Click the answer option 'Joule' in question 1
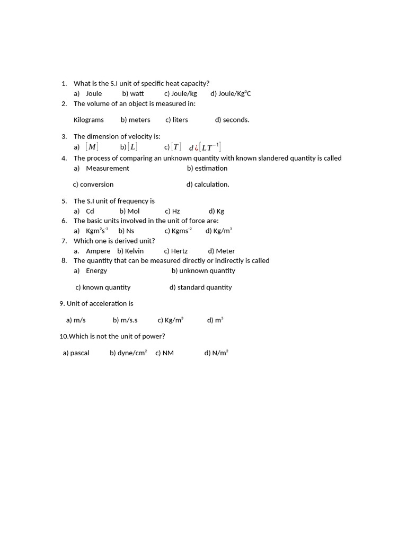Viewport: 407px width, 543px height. click(x=94, y=93)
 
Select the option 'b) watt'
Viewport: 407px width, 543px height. click(x=132, y=93)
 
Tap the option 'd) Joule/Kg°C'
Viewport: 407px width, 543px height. click(x=231, y=93)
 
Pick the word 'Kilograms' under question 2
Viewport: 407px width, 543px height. click(x=89, y=120)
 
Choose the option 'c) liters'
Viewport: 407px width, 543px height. click(x=176, y=120)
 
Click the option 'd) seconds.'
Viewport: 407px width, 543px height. click(x=232, y=120)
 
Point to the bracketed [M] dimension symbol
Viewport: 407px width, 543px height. click(x=92, y=147)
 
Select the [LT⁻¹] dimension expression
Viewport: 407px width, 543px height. click(x=210, y=147)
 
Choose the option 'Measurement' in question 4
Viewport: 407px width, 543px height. click(x=108, y=168)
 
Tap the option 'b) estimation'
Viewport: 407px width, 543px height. click(x=207, y=168)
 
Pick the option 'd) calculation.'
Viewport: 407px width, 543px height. click(x=208, y=185)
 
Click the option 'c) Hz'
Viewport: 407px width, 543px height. click(x=172, y=211)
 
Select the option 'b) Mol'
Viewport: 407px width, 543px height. click(x=129, y=211)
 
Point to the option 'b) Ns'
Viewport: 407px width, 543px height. click(x=126, y=231)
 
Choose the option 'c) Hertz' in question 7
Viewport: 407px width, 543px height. click(x=176, y=251)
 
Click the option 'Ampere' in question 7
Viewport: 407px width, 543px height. click(x=98, y=251)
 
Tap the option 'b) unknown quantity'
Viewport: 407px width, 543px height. click(x=203, y=270)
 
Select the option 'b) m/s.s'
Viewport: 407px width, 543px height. click(x=125, y=320)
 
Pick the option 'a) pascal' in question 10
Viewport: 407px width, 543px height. click(x=76, y=353)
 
